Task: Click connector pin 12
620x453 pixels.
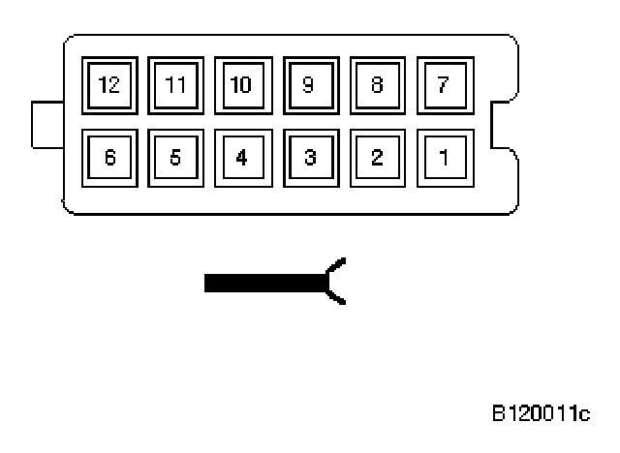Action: coord(108,85)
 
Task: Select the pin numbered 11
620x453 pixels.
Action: coord(175,85)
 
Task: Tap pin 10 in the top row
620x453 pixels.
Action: coord(242,85)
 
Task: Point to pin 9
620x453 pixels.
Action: coord(309,85)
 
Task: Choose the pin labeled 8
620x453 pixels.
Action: coord(376,85)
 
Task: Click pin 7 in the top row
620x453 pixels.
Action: coord(443,85)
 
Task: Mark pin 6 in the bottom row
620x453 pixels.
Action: coord(108,157)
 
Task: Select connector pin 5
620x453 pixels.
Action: coord(175,157)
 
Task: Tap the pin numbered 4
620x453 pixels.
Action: coord(242,157)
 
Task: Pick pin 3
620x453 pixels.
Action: coord(309,157)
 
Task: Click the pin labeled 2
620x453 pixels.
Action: coord(376,157)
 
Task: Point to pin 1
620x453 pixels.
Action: coord(443,157)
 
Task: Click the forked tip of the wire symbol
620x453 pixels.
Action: coord(335,283)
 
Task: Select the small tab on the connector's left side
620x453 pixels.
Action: coord(46,123)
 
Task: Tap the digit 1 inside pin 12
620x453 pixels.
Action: coord(104,85)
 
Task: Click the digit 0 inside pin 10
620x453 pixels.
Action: coord(246,85)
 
